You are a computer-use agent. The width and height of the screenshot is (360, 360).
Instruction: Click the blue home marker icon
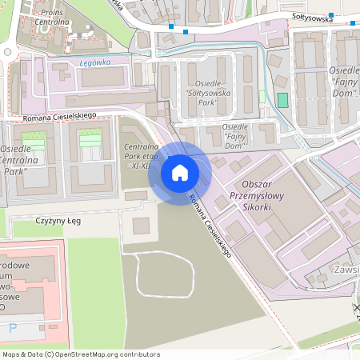click(180, 173)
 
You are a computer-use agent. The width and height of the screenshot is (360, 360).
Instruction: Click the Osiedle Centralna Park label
click(25, 160)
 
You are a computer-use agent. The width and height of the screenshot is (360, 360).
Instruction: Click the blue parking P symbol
click(12, 328)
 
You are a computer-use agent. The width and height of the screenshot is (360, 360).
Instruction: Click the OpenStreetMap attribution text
click(80, 354)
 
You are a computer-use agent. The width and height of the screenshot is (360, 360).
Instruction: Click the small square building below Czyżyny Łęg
click(141, 226)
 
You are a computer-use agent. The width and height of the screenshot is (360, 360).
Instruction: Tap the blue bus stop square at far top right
click(353, 22)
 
